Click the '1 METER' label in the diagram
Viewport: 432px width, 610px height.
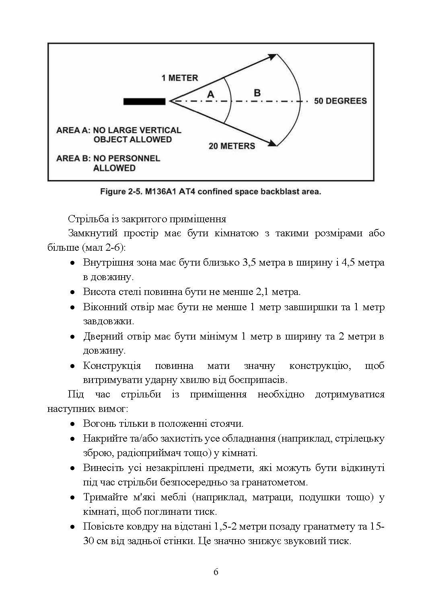[180, 78]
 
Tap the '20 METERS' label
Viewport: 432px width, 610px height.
[232, 146]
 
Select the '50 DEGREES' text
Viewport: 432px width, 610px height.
[340, 101]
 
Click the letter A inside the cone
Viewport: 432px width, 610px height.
[210, 95]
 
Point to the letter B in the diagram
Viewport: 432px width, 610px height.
[257, 93]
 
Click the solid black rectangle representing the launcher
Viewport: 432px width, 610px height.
[144, 102]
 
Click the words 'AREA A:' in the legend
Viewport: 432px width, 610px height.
[73, 130]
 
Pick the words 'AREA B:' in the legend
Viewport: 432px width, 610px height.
[73, 158]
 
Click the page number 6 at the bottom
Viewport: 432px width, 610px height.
[216, 572]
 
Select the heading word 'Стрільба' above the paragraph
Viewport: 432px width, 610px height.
[84, 219]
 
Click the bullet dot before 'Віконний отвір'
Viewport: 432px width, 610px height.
[72, 307]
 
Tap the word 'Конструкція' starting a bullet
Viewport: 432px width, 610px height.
[112, 366]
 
